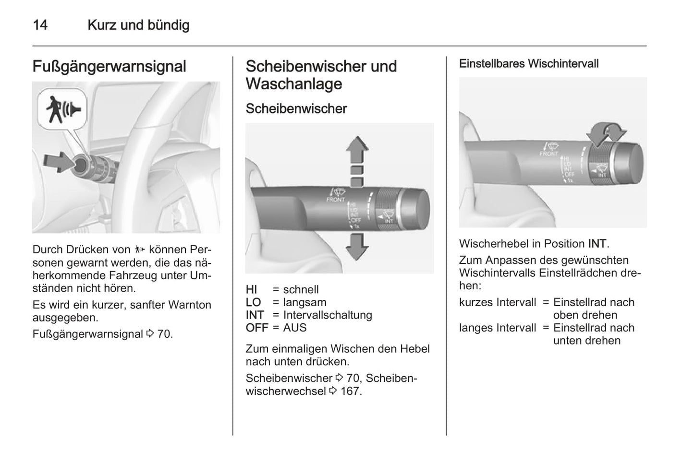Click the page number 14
[x=40, y=25]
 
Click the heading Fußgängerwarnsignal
[x=109, y=66]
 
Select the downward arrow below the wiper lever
[x=357, y=246]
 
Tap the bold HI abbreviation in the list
[x=252, y=289]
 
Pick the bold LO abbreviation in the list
[x=253, y=302]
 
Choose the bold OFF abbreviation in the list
[x=257, y=328]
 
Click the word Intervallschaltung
[x=328, y=315]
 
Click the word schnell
[x=301, y=289]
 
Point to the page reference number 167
[x=350, y=391]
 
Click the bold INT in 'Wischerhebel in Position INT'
[x=597, y=244]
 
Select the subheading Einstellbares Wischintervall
[x=529, y=64]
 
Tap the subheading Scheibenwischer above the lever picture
[x=296, y=108]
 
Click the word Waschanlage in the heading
[x=294, y=84]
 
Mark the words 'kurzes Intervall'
[x=498, y=302]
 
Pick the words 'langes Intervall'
[x=498, y=328]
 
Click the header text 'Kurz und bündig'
[x=138, y=25]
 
